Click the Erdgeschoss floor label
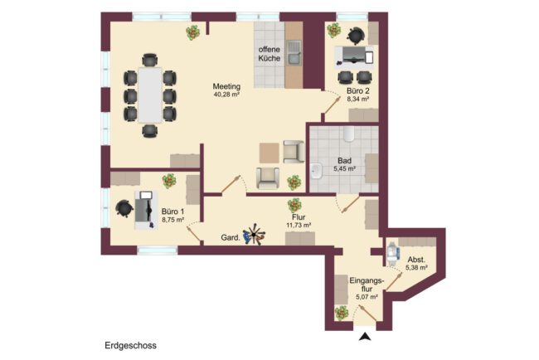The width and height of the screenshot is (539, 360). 131,346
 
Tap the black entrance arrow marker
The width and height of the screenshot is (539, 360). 365,337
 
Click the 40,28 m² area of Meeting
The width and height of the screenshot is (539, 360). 226,95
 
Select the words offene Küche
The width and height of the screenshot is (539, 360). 269,54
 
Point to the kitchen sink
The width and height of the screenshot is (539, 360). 294,52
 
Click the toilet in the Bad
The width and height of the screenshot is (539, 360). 349,134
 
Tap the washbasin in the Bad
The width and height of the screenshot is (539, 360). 316,171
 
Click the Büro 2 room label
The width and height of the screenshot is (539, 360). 358,90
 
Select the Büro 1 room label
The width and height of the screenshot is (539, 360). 173,212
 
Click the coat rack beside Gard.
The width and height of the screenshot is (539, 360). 254,235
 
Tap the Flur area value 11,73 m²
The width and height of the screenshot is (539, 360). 299,226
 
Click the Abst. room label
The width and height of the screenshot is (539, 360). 416,260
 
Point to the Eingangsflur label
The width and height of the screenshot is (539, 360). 367,285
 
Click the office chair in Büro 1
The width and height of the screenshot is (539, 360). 124,209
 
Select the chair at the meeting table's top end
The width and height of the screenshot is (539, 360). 150,60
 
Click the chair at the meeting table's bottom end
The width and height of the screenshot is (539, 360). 150,131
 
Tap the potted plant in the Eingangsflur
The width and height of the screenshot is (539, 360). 342,313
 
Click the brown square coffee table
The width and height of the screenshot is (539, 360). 269,153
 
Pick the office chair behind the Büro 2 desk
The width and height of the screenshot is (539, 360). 356,36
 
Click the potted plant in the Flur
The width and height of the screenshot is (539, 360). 294,205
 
